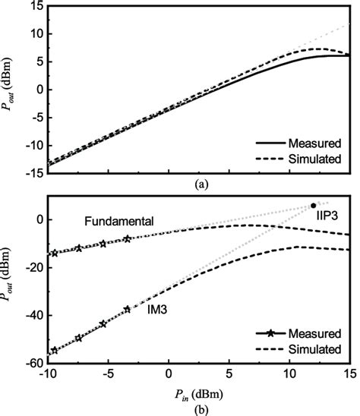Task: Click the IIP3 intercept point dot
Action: [313, 206]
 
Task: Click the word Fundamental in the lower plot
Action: [119, 221]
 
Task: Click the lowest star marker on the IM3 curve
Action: [54, 351]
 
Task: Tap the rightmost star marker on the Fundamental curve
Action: [127, 238]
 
